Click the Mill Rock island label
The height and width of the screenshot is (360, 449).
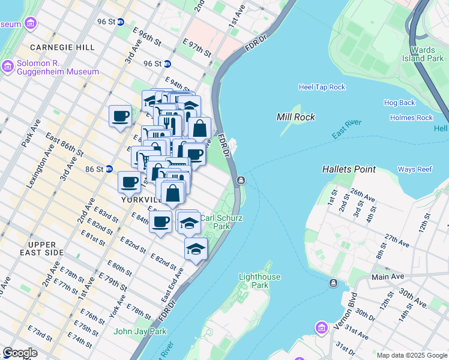tap(296, 117)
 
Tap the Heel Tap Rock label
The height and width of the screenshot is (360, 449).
tap(322, 87)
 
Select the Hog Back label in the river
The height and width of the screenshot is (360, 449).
tap(399, 103)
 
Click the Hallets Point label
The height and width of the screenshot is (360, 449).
tap(349, 170)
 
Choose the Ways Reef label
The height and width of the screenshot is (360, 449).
tap(415, 170)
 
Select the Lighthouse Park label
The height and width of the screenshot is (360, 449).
tap(259, 281)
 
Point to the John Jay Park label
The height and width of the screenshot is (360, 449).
tap(140, 331)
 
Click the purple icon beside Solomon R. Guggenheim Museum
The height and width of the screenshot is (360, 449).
tap(8, 66)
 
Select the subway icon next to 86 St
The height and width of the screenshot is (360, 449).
tap(109, 169)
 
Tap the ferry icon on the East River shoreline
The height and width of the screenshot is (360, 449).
tap(240, 180)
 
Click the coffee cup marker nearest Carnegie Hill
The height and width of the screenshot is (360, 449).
tap(120, 116)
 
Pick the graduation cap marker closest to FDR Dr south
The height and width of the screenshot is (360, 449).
tap(196, 249)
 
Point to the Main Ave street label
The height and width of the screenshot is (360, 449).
tap(388, 277)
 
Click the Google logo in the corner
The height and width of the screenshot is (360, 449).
tap(20, 353)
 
